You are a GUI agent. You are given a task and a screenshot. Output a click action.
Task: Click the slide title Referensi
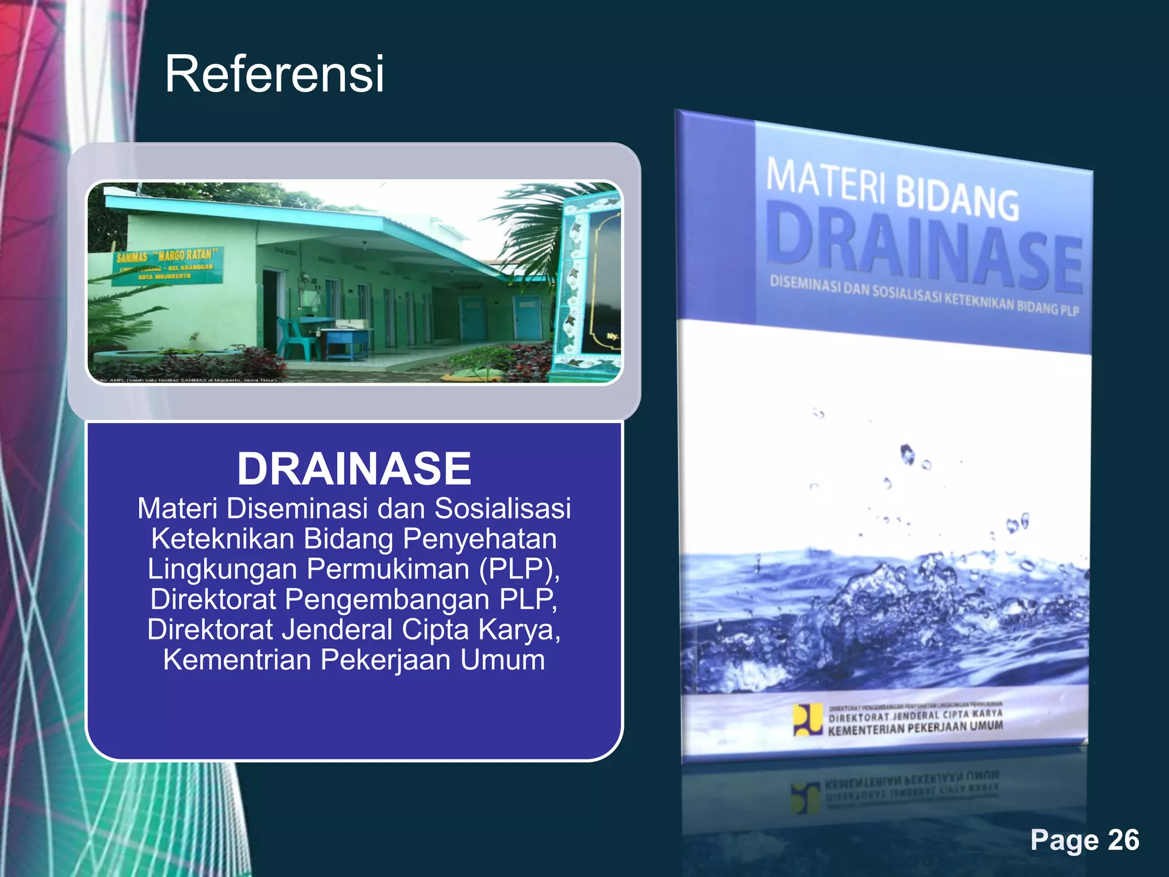click(x=274, y=74)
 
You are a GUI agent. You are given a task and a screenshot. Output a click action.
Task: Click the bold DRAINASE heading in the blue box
click(x=354, y=469)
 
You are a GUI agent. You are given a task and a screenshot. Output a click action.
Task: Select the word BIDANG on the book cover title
click(x=957, y=199)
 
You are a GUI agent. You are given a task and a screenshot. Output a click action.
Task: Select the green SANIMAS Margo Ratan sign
click(x=166, y=265)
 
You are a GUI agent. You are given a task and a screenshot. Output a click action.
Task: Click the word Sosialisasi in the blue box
click(x=502, y=508)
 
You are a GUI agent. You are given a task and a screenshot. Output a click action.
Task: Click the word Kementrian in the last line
click(x=237, y=659)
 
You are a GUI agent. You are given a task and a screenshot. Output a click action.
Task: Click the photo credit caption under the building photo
click(x=186, y=380)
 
